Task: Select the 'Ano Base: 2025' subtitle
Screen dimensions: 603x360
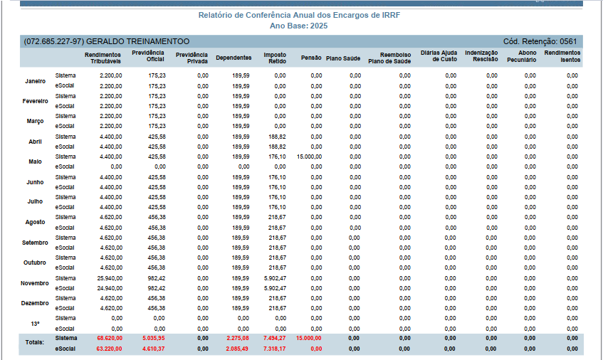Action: click(299, 26)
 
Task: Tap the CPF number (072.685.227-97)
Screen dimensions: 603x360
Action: click(54, 41)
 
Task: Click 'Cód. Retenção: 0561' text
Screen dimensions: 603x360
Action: click(540, 41)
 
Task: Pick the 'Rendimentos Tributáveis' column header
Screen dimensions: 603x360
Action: click(103, 58)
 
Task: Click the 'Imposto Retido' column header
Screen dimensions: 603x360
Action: click(275, 58)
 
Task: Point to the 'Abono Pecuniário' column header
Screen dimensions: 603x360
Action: click(521, 56)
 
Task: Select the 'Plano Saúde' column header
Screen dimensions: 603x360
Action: click(343, 58)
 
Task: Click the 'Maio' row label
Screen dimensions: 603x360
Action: click(35, 162)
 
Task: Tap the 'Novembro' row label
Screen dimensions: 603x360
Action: click(35, 283)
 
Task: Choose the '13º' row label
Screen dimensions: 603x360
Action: click(35, 324)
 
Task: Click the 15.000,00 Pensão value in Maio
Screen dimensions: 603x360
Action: click(309, 157)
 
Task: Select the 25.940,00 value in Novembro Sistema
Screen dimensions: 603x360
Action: click(110, 278)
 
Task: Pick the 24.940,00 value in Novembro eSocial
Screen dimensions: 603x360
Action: click(110, 288)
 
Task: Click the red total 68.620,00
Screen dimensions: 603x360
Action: click(110, 338)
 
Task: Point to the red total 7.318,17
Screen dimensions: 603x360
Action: click(275, 349)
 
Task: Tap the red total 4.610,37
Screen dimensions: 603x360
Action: click(154, 349)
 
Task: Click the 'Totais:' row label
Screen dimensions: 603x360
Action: click(35, 342)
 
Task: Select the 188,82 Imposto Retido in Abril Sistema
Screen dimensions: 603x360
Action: click(277, 137)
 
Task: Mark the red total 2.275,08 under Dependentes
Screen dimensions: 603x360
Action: click(238, 338)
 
